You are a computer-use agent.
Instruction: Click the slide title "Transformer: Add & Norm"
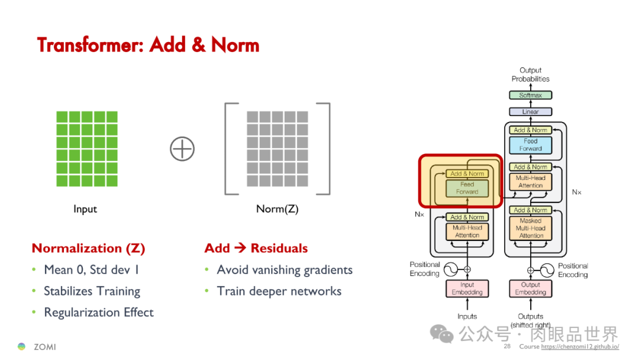[x=148, y=45]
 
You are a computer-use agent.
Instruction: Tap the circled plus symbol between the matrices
[x=182, y=149]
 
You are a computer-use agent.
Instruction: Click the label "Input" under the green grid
[x=85, y=209]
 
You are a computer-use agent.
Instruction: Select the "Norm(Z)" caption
[x=277, y=209]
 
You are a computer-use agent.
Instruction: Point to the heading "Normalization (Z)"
[x=88, y=248]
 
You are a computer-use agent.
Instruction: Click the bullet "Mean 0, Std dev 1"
[x=92, y=270]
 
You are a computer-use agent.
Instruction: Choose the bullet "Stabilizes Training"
[x=92, y=291]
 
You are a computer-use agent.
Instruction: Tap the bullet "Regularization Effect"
[x=98, y=313]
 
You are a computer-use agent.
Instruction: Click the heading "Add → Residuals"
[x=256, y=248]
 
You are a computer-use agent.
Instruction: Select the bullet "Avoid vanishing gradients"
[x=285, y=270]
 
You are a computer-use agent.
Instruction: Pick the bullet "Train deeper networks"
[x=279, y=291]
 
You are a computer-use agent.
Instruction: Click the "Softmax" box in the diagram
[x=530, y=95]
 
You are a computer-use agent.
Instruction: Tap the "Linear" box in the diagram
[x=530, y=111]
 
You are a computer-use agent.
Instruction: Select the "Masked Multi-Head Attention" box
[x=530, y=228]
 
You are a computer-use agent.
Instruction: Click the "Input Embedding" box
[x=467, y=288]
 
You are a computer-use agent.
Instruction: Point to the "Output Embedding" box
[x=530, y=288]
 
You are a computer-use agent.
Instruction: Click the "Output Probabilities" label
[x=530, y=75]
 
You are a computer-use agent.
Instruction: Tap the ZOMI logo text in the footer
[x=44, y=346]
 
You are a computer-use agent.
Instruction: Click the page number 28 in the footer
[x=507, y=346]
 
